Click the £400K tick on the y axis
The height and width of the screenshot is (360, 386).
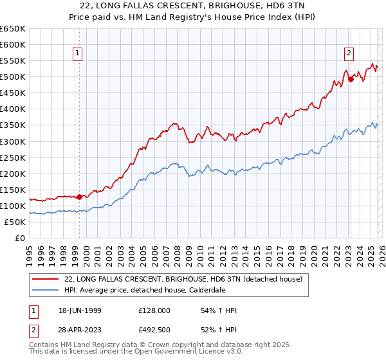pyautogui.click(x=12, y=109)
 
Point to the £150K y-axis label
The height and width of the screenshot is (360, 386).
pyautogui.click(x=12, y=190)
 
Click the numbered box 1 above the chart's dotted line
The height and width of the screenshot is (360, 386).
pyautogui.click(x=78, y=54)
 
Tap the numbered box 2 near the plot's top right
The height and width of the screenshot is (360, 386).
pyautogui.click(x=349, y=54)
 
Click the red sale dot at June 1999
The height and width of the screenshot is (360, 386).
pyautogui.click(x=79, y=197)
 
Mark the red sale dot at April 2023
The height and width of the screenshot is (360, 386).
pyautogui.click(x=351, y=79)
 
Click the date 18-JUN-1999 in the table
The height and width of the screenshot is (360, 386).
pyautogui.click(x=80, y=310)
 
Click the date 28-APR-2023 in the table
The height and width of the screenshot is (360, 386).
pyautogui.click(x=80, y=329)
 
